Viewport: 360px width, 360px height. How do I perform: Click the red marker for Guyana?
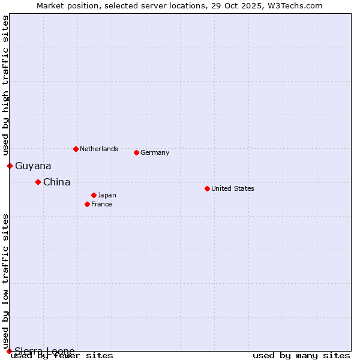[10, 166]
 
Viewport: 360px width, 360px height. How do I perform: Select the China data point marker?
[38, 182]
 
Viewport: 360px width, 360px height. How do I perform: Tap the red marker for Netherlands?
[76, 149]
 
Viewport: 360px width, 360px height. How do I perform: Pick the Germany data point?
[136, 152]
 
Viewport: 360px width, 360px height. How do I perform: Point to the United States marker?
[207, 188]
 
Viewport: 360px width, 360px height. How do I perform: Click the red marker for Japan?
[94, 195]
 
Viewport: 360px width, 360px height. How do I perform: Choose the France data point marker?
[87, 204]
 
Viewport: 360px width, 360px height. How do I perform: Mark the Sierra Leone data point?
[9, 351]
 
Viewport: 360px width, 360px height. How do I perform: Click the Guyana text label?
[33, 166]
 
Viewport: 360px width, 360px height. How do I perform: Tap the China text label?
[56, 182]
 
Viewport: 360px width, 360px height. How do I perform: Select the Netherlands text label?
[98, 149]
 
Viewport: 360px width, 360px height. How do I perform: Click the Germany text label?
[155, 152]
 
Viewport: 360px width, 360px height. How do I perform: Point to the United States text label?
[232, 188]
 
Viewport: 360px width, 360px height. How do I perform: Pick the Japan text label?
[107, 195]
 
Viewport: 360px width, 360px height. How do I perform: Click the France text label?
[101, 204]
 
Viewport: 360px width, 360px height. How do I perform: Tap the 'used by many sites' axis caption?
[301, 356]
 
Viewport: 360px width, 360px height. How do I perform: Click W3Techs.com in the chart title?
[296, 5]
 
